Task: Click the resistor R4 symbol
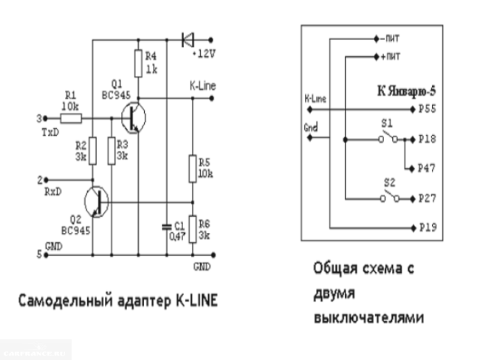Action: click(137, 64)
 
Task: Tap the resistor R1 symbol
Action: click(70, 117)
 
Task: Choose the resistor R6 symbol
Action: click(192, 228)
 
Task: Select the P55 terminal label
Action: click(428, 108)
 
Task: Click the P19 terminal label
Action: click(428, 228)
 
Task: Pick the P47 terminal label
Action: click(428, 168)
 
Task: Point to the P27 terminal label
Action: click(428, 198)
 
